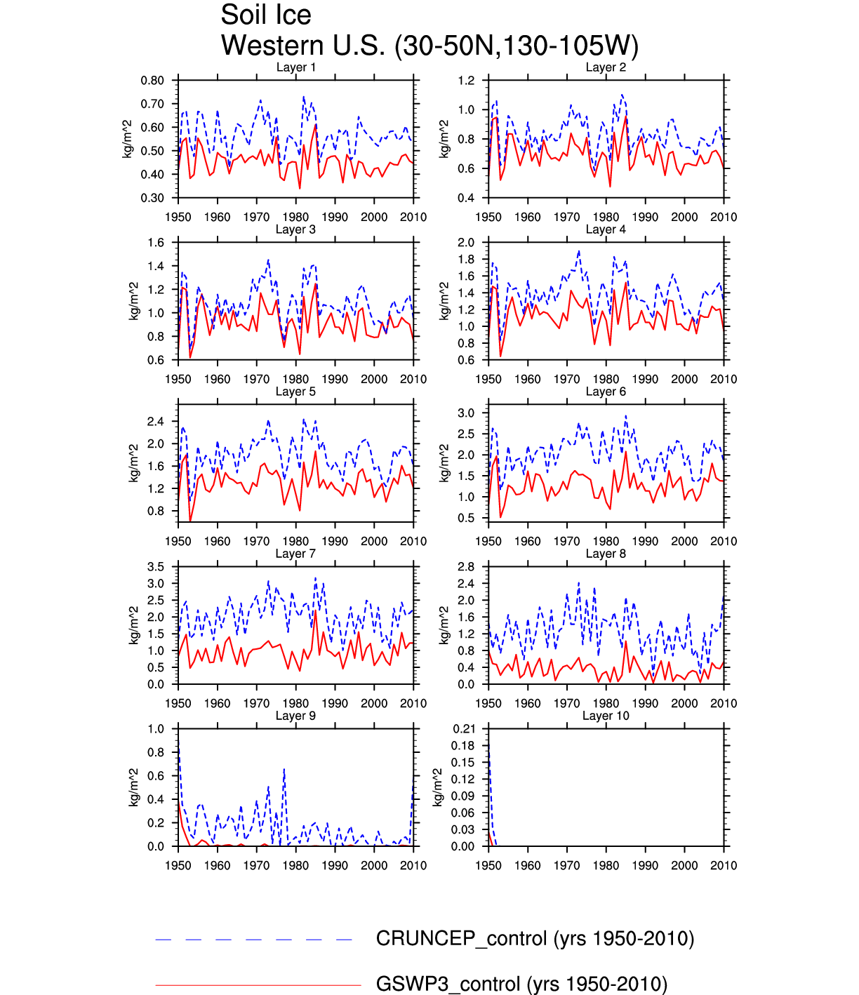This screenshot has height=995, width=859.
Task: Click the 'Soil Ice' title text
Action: pyautogui.click(x=265, y=15)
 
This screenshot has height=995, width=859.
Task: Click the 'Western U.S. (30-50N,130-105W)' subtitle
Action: pyautogui.click(x=429, y=46)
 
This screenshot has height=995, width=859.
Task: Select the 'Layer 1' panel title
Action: pyautogui.click(x=295, y=67)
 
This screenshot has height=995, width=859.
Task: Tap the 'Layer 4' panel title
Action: pyautogui.click(x=606, y=229)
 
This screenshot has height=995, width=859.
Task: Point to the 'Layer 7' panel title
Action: pyautogui.click(x=295, y=554)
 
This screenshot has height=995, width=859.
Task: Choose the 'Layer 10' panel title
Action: pyautogui.click(x=606, y=716)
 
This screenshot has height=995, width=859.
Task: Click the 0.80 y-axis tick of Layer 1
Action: pyautogui.click(x=152, y=81)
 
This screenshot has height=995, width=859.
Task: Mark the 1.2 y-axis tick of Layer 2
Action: pyautogui.click(x=466, y=81)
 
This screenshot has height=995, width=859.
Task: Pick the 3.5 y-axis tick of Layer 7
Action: pyautogui.click(x=156, y=567)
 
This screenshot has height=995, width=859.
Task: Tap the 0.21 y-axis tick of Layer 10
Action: pyautogui.click(x=463, y=729)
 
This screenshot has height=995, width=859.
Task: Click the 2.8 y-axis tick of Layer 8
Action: pyautogui.click(x=466, y=567)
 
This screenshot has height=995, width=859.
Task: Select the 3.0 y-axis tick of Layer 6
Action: pyautogui.click(x=466, y=413)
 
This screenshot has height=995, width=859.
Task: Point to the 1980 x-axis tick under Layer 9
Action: pyautogui.click(x=295, y=866)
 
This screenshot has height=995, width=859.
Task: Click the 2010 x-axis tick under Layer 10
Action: pyautogui.click(x=724, y=866)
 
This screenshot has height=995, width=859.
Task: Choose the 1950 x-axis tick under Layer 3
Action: pyautogui.click(x=178, y=380)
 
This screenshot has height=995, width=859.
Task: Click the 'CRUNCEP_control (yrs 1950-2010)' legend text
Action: pyautogui.click(x=535, y=939)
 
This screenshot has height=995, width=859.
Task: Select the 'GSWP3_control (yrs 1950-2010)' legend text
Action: pyautogui.click(x=521, y=984)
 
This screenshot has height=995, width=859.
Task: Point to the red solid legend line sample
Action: pyautogui.click(x=258, y=985)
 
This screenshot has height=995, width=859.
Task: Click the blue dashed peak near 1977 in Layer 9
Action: pyautogui.click(x=284, y=769)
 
